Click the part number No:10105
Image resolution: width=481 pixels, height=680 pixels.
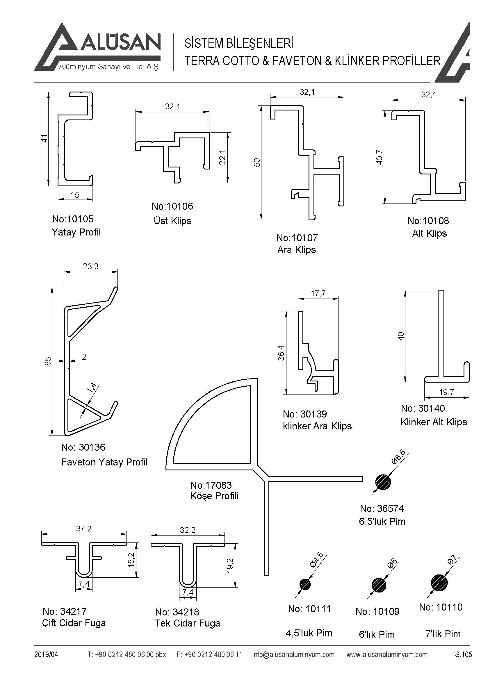coord(73,219)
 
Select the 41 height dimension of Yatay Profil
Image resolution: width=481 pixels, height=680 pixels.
coord(44,139)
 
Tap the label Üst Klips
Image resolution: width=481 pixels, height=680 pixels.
coord(172,221)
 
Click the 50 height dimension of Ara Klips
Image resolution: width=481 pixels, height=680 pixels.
coord(257,162)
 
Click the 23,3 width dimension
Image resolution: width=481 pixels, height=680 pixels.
coord(91,267)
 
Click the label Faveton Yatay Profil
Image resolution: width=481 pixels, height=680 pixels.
coord(104,462)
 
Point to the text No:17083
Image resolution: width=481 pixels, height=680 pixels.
coord(211,485)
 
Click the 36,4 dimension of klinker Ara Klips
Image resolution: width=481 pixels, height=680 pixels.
coord(281,353)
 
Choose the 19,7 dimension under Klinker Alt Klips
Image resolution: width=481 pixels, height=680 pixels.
coord(446,393)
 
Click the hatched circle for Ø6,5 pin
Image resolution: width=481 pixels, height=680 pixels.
coord(383,482)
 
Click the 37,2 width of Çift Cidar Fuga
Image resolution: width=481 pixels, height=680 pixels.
coord(84,529)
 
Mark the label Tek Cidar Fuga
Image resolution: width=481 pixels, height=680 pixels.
coord(187,623)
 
